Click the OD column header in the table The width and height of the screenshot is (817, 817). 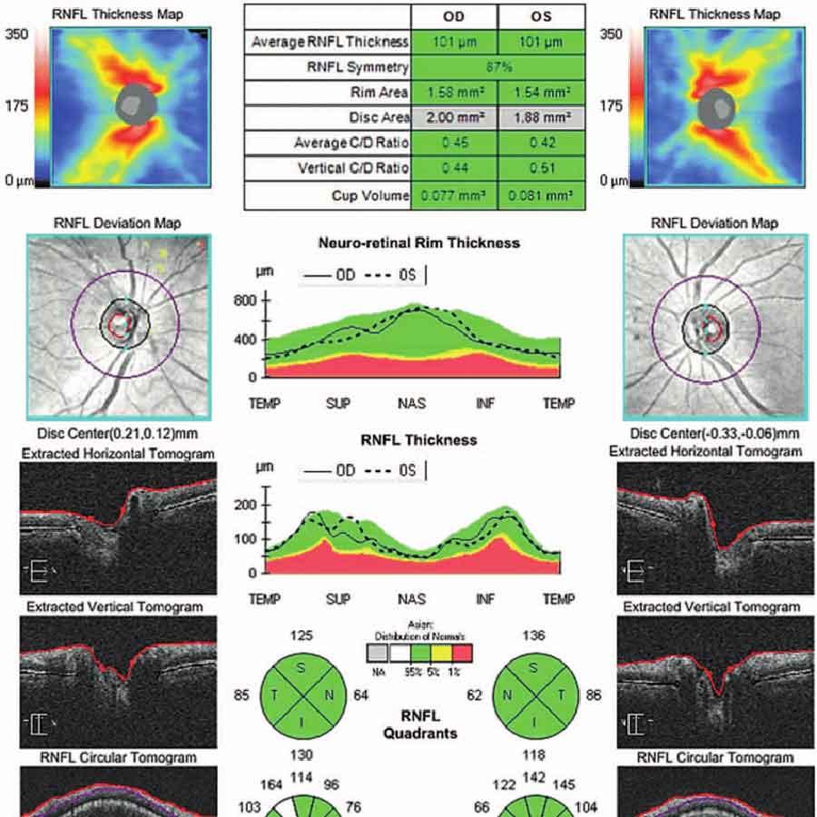coord(454,17)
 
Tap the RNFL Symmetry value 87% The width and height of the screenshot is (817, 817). coord(497,67)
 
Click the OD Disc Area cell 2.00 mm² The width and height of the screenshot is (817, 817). coord(454,118)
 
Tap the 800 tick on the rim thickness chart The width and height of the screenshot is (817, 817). coord(251,300)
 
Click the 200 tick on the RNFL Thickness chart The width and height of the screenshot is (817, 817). coord(251,505)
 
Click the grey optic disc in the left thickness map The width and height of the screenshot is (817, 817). coord(137,105)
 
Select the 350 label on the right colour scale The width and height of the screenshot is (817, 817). coord(613,34)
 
